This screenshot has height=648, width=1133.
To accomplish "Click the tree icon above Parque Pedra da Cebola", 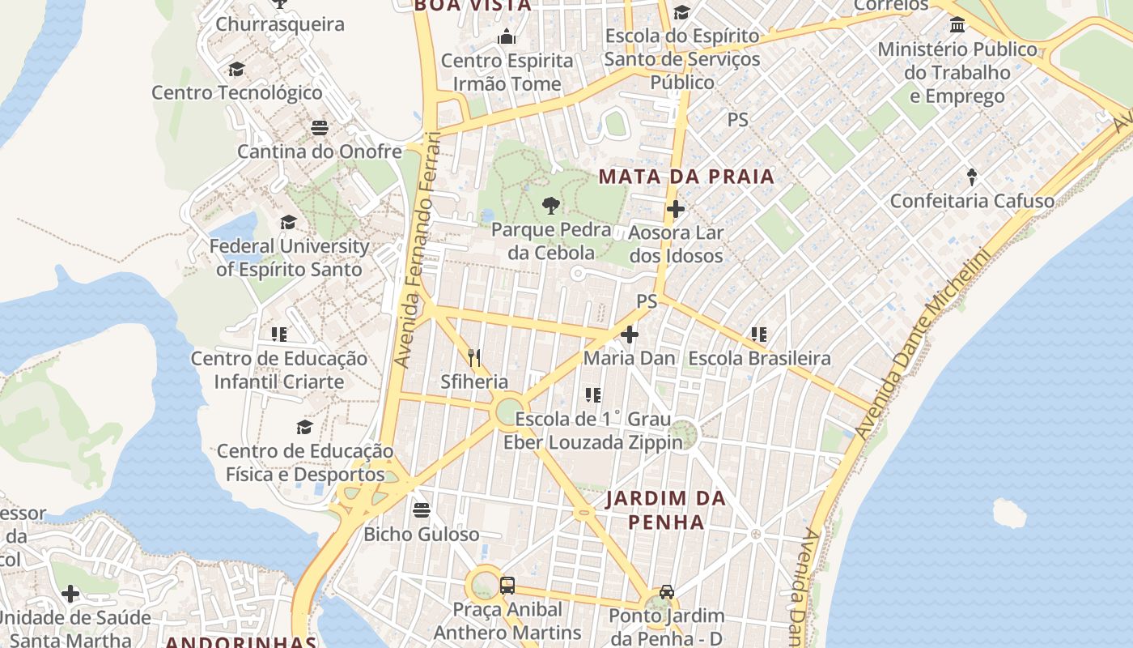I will (551, 206).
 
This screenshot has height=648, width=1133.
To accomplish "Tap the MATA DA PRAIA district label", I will (686, 177).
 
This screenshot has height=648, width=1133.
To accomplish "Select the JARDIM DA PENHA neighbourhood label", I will (666, 510).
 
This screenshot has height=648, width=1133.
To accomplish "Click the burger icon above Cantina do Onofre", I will (319, 128).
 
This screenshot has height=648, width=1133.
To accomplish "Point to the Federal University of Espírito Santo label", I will (289, 258).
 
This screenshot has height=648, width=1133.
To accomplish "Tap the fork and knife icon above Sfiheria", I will (474, 357).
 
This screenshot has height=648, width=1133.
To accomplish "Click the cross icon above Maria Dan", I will (630, 334).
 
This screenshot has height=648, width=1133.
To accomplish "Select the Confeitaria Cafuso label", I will (972, 201).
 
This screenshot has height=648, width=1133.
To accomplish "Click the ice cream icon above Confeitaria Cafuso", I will (972, 176).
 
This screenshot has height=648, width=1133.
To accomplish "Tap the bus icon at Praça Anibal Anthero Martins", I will (507, 586).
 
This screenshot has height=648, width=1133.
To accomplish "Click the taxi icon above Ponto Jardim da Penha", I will (666, 591).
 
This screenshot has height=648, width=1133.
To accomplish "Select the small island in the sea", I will (1009, 513).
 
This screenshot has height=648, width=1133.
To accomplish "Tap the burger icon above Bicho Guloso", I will (421, 510).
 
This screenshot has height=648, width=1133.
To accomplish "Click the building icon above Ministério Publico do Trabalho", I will (957, 24).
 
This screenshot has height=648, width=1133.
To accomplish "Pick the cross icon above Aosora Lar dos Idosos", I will (675, 210).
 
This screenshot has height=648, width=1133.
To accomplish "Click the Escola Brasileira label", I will (759, 358).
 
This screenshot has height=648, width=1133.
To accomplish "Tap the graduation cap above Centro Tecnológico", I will (236, 69).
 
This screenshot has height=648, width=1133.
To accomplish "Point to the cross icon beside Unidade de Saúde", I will (70, 594).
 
